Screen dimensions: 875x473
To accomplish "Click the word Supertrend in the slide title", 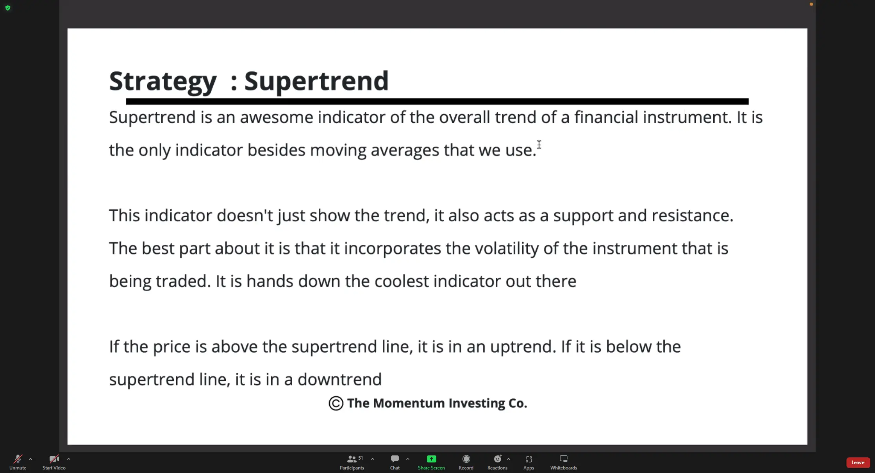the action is [316, 81].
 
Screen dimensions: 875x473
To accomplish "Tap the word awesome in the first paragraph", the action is [277, 117].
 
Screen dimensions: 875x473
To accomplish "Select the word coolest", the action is [402, 281].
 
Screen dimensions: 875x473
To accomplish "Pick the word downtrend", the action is [339, 379].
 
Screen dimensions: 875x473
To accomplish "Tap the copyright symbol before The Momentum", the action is [336, 403].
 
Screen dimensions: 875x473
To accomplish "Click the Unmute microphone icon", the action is [18, 459].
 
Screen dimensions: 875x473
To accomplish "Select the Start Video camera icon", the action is [54, 459].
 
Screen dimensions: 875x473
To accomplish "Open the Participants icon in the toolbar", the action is [352, 459].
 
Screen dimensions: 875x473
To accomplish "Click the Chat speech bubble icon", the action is [395, 459].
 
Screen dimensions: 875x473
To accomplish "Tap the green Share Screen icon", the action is [431, 459].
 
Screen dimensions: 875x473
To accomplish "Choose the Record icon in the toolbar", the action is [466, 459].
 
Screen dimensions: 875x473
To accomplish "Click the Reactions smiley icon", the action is [498, 459].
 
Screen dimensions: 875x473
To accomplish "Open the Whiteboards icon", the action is [564, 459].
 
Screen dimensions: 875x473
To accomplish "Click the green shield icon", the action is [8, 8].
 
